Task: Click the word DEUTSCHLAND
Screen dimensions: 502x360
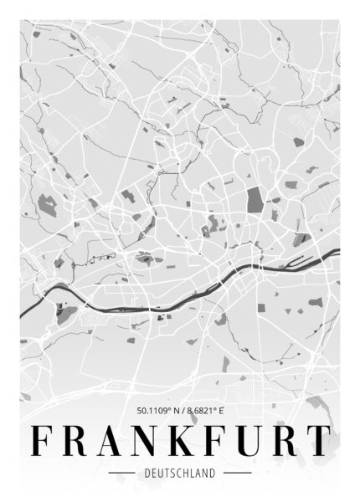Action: click(x=180, y=473)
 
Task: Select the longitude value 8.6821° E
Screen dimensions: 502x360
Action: click(x=206, y=411)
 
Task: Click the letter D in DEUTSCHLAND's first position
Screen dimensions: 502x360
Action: click(x=147, y=473)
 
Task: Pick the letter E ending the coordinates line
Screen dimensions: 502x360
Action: click(x=224, y=411)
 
